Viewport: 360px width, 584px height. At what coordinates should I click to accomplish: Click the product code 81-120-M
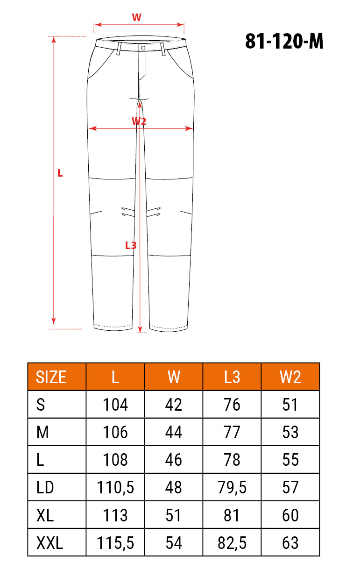[284, 41]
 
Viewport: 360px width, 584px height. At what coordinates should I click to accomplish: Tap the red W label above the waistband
[136, 17]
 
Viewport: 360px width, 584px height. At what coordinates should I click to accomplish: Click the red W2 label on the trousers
[139, 121]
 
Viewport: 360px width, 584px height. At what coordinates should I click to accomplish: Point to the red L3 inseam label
[131, 245]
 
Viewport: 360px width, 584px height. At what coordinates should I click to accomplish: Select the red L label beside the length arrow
[60, 173]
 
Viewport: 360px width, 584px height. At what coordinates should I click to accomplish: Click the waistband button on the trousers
[143, 48]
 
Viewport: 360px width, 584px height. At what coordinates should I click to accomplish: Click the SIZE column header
[51, 377]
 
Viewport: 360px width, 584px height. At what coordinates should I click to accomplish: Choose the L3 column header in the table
[232, 377]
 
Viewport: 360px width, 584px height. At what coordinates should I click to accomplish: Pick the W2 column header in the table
[290, 377]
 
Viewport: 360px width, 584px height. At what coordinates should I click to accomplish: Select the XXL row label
[50, 543]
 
